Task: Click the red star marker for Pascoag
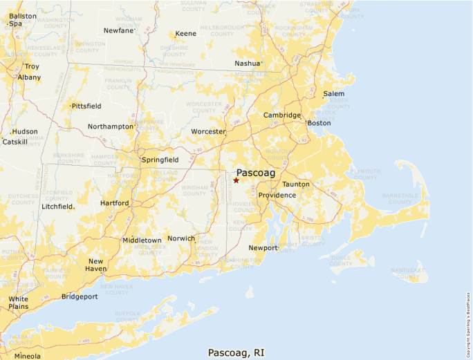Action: (x=236, y=180)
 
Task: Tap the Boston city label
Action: (x=319, y=123)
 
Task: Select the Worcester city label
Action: (x=208, y=131)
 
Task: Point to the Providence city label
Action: (x=277, y=196)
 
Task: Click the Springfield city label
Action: (x=160, y=160)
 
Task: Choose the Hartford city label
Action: (x=114, y=203)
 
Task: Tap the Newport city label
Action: (x=262, y=247)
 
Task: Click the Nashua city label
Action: (x=247, y=64)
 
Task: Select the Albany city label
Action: (x=30, y=77)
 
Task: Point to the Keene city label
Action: (x=185, y=33)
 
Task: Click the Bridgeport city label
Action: (x=80, y=296)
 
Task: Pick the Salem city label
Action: (x=333, y=94)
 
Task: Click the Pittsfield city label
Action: (x=86, y=106)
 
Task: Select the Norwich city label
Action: (x=181, y=238)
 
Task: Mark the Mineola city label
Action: (x=28, y=356)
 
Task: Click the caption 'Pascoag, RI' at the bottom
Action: (x=236, y=352)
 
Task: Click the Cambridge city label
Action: (x=281, y=115)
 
